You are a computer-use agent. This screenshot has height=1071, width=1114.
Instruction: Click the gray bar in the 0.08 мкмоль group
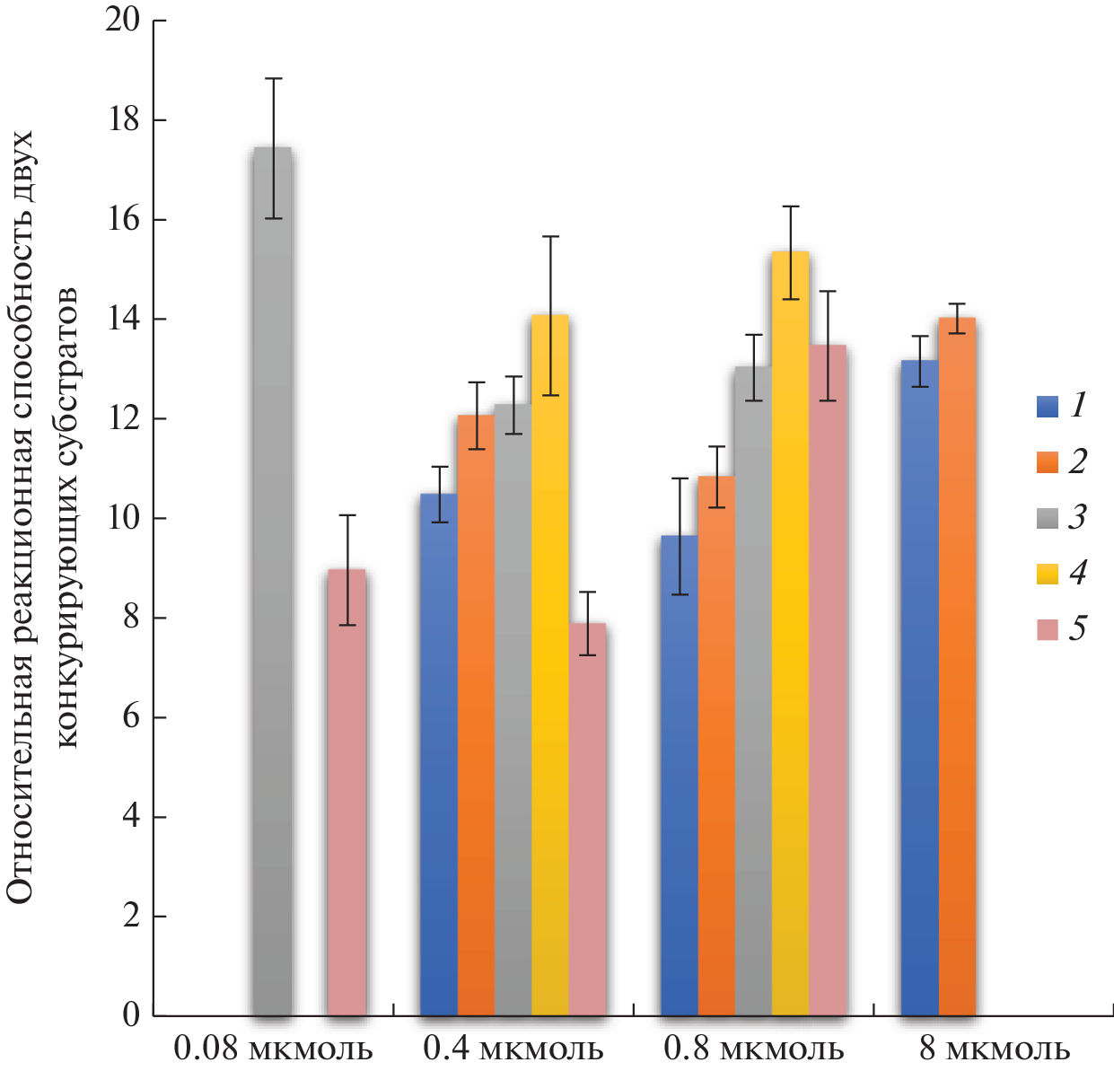coord(272,584)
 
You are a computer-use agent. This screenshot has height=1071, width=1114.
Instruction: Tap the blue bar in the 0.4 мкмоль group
coord(439,754)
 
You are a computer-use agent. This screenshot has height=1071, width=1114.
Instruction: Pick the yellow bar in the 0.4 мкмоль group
coord(549,664)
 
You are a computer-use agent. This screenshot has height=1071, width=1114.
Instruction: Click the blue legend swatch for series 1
coord(1048,407)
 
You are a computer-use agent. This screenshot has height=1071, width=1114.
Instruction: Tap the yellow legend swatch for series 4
coord(1048,574)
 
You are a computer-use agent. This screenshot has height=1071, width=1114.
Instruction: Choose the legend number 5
coord(1077,629)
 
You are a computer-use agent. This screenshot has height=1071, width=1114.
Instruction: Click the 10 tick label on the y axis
coord(123,518)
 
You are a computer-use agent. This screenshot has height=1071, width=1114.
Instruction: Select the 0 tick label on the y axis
coord(132,1015)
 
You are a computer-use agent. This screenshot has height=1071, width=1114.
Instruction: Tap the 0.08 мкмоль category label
coord(273,1049)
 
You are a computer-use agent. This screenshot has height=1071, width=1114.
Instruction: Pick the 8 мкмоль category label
coord(995,1049)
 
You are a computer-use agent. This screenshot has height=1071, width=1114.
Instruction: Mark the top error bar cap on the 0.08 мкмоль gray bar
coord(273,79)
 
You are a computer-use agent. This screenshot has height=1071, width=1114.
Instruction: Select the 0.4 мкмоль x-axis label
coord(513,1049)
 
